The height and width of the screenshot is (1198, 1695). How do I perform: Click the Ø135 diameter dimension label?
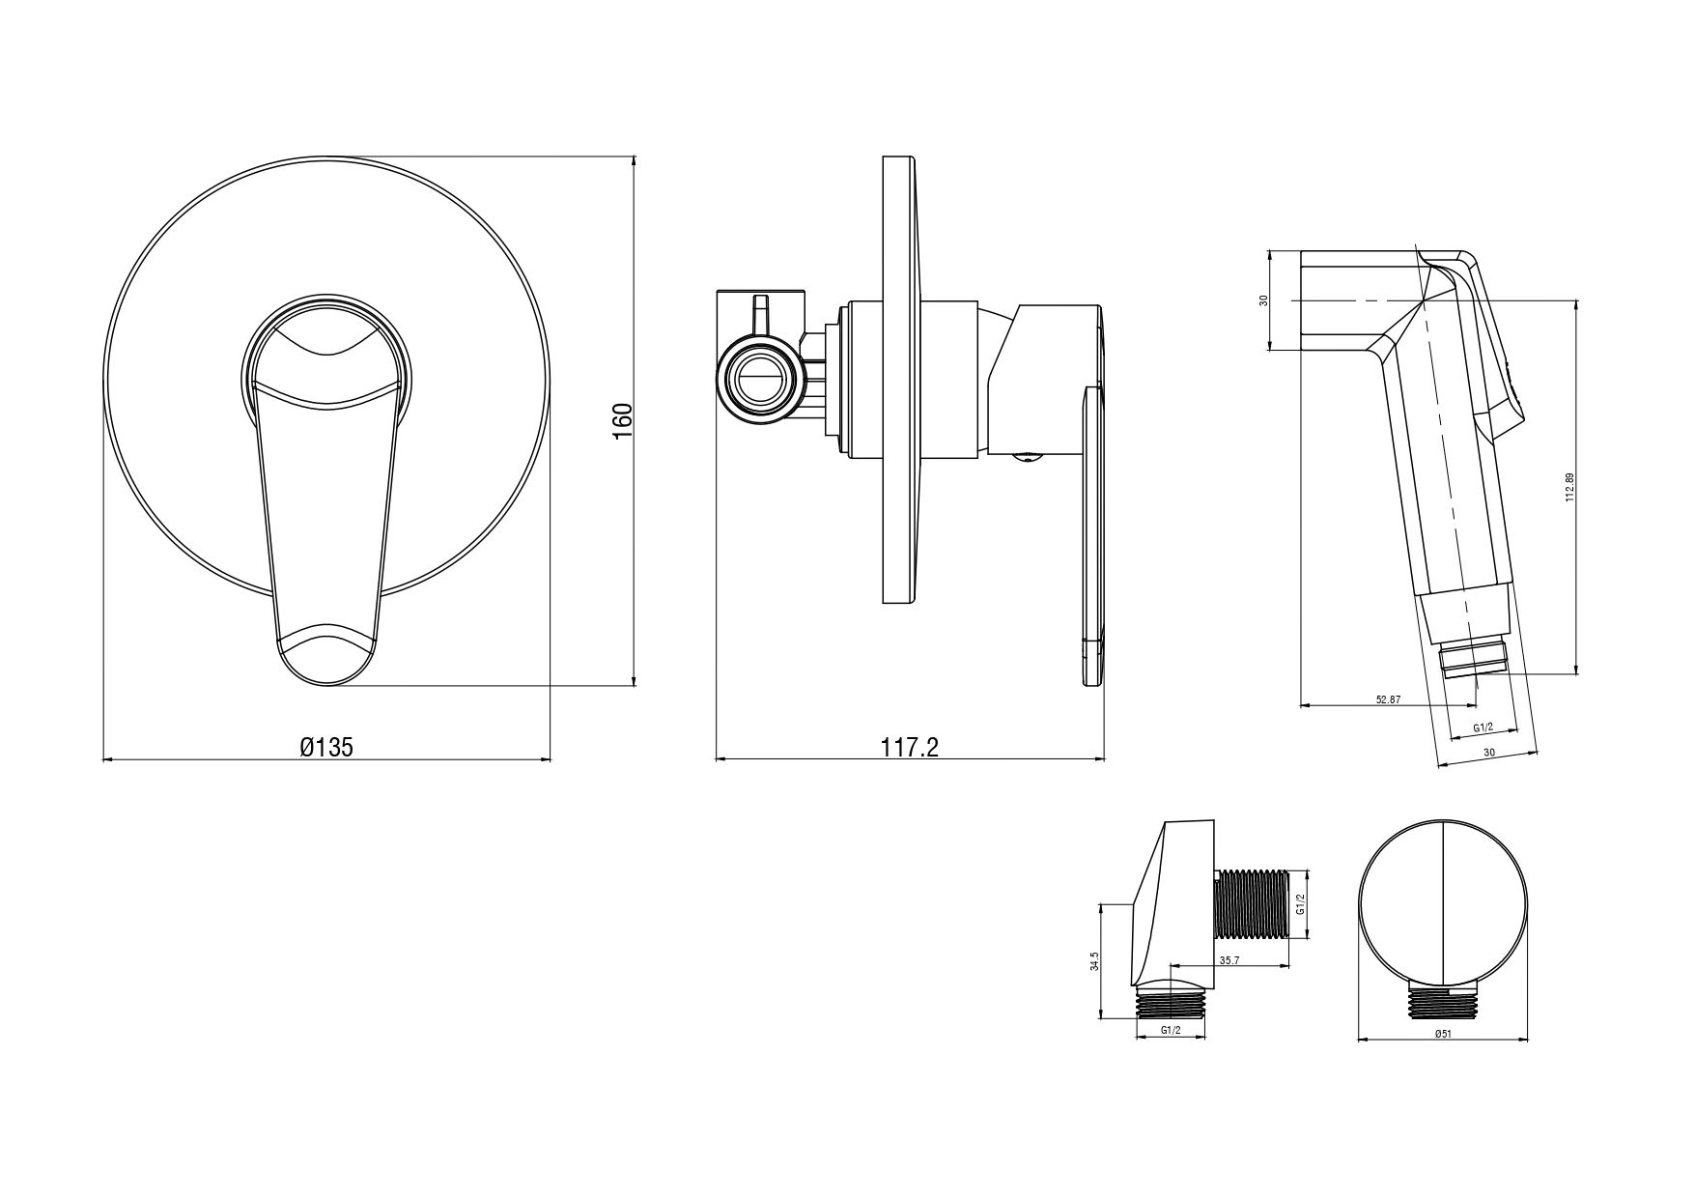point(326,747)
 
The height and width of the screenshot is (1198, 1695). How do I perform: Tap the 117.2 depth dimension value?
point(909,747)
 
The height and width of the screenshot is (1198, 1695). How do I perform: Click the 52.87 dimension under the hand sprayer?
point(1387,699)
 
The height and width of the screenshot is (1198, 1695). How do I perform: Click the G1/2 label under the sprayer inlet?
point(1483,727)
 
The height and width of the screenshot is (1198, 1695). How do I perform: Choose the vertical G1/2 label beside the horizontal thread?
point(1300,904)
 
